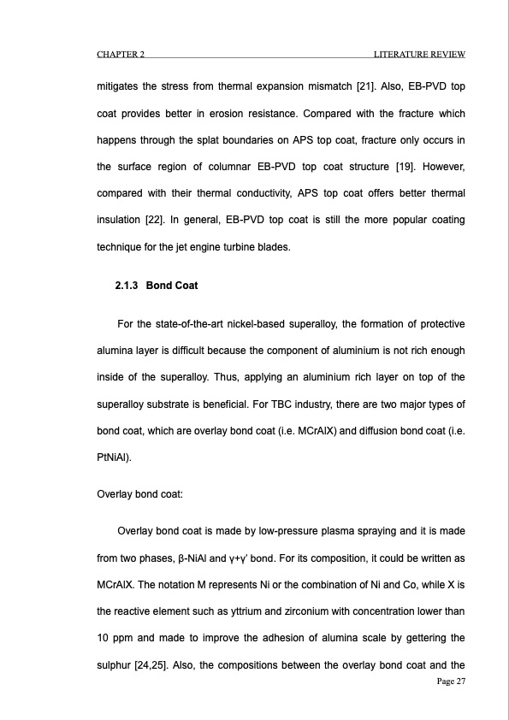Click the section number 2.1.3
click(x=127, y=285)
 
